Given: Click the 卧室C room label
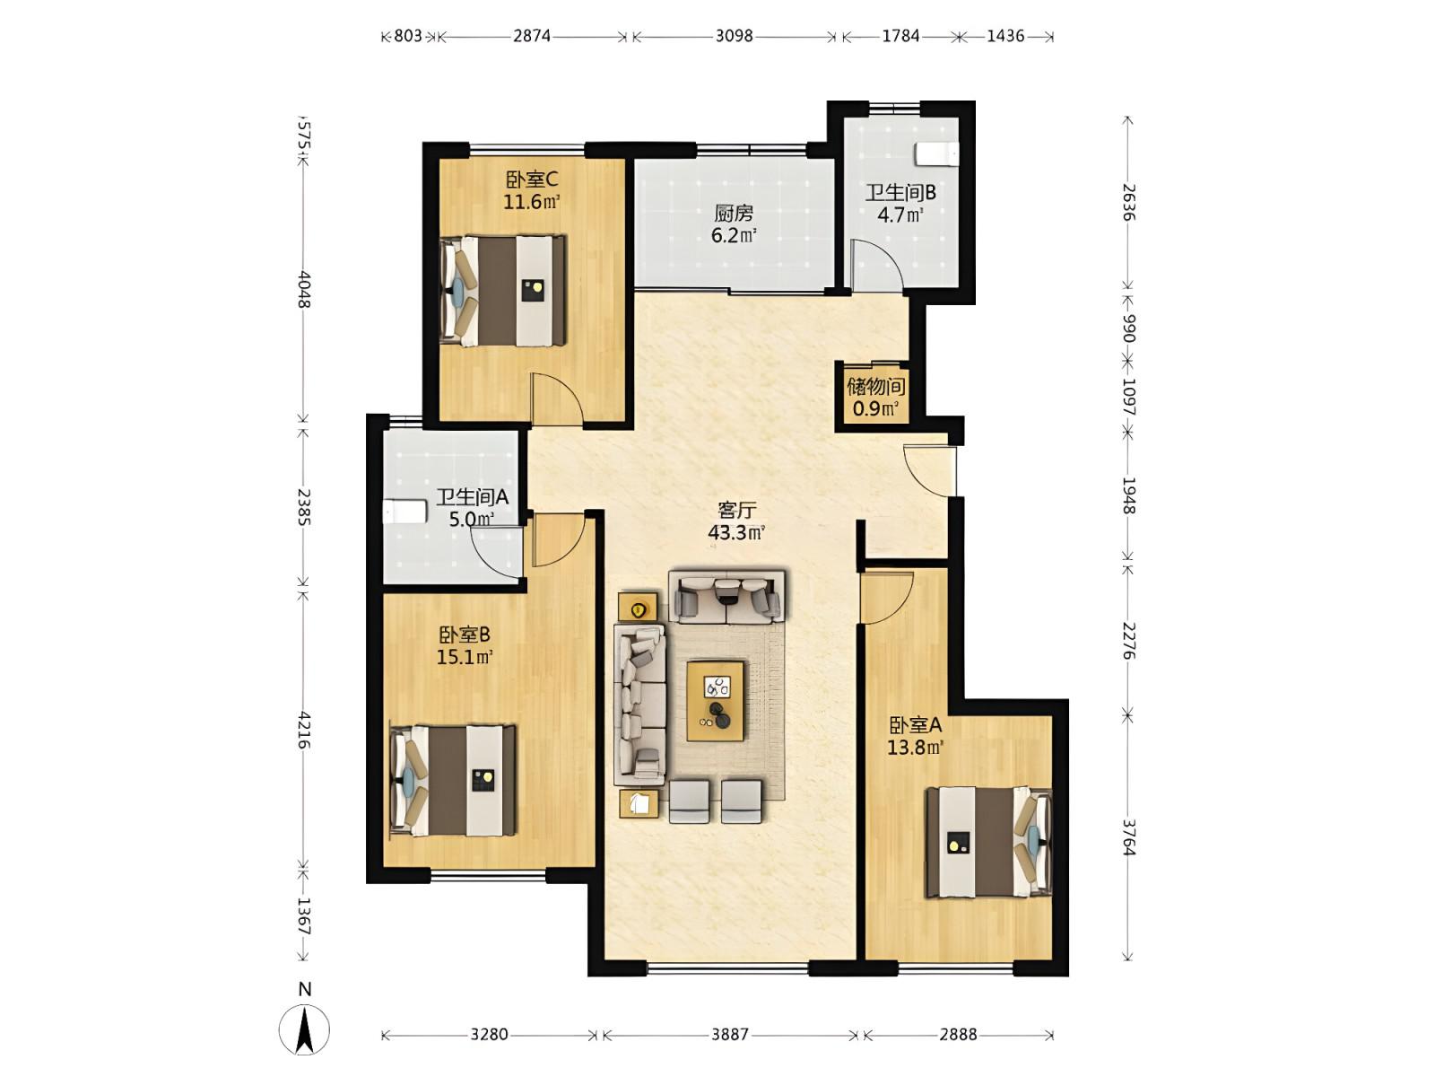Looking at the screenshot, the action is (531, 179).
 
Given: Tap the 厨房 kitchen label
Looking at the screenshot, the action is (734, 213).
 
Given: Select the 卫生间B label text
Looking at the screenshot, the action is (900, 192).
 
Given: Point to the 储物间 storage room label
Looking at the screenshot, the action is (876, 387).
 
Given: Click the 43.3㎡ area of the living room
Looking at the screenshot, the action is (736, 532).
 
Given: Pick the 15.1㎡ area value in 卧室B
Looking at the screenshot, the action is (465, 656).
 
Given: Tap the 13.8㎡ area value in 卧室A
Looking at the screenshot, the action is (915, 746).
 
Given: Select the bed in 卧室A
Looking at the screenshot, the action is (988, 842).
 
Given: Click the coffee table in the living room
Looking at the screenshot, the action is (715, 701).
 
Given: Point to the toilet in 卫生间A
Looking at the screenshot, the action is (404, 511).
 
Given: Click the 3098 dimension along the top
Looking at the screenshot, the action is (734, 36).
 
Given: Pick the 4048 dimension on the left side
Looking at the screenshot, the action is (304, 289).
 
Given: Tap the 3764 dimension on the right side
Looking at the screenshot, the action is (1129, 837).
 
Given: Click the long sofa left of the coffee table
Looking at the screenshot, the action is (639, 705).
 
